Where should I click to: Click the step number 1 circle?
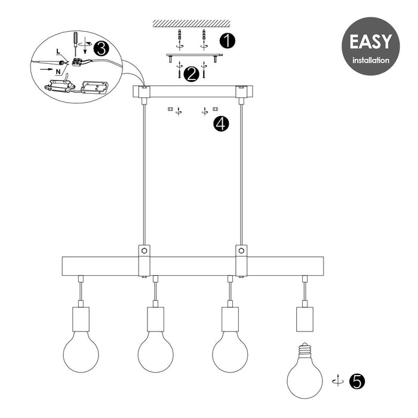coord(227,41)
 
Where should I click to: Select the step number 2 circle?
coord(192,74)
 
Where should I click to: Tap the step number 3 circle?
coord(102,48)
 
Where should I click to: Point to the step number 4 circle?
coord(222,124)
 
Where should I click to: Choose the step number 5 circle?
coord(357,380)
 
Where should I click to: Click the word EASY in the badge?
coord(370,42)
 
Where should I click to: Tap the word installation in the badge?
coord(370,60)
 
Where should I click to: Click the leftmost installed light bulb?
coord(81,352)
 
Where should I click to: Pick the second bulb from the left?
coord(155,352)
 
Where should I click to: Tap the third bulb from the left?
coord(230,352)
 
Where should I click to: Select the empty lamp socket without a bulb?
coord(305,319)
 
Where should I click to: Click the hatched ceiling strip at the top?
coord(191,23)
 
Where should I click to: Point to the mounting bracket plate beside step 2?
coord(194,56)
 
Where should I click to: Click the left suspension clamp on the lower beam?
coord(145,260)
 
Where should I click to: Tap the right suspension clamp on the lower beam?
coord(241,260)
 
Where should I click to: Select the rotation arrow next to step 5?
coord(337,380)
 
